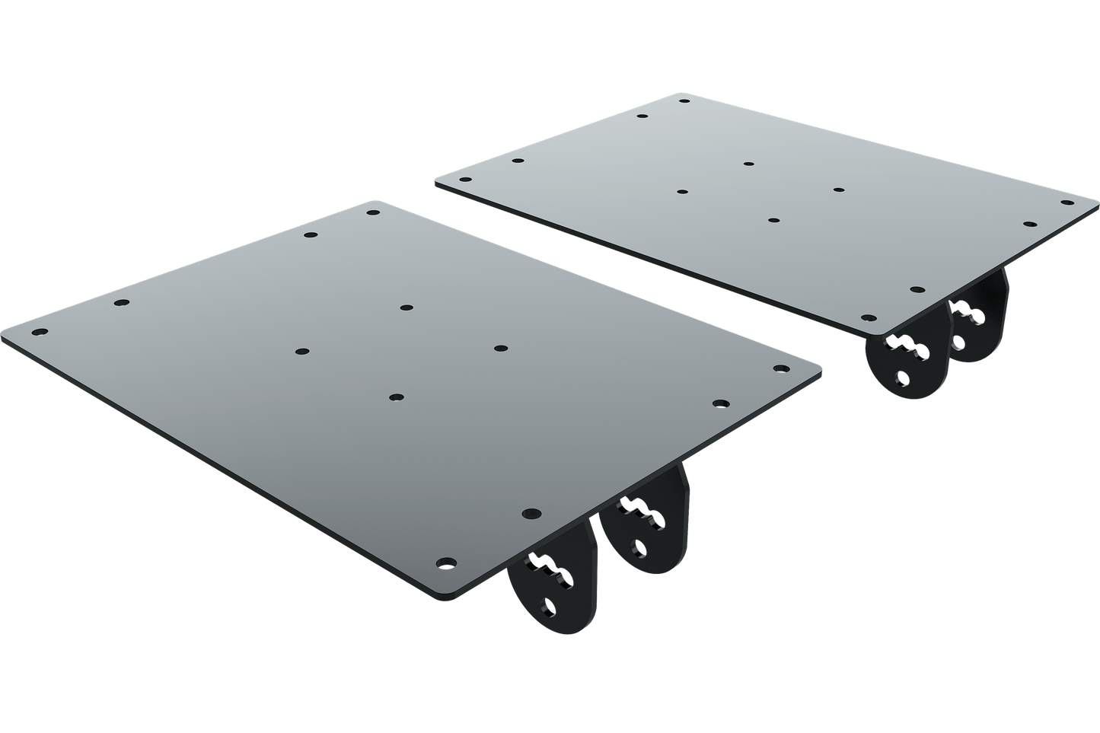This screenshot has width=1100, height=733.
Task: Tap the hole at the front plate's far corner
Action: pos(373,213)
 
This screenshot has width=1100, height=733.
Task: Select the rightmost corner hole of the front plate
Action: pos(779,368)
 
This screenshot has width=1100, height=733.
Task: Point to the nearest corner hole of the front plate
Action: pos(445,562)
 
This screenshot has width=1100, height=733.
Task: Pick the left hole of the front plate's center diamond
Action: pos(302,352)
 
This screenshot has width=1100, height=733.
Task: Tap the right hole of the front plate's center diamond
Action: pos(499,349)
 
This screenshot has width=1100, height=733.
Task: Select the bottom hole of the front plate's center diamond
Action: pos(395,397)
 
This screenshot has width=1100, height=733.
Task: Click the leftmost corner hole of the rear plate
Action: pos(464,178)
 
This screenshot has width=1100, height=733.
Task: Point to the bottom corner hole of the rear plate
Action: pos(868,318)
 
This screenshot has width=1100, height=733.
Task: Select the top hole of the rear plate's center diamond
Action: pos(749,163)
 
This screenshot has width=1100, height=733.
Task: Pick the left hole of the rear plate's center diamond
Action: pos(681,192)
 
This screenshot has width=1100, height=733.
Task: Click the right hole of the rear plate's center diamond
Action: pos(839,190)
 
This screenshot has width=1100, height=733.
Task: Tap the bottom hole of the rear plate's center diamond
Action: pos(773,220)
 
